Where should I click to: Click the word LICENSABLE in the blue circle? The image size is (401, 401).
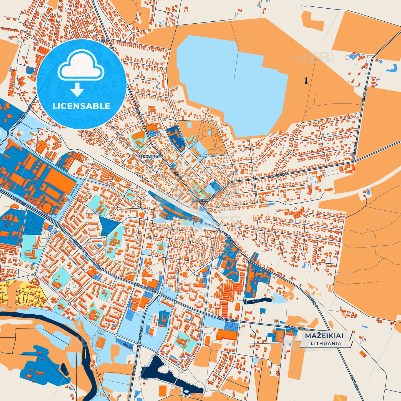click(x=81, y=106)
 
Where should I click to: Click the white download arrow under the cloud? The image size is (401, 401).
click(x=77, y=90)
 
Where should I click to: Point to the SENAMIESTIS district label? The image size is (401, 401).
click(x=150, y=157)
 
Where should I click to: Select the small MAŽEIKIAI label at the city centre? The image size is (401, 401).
click(x=200, y=200)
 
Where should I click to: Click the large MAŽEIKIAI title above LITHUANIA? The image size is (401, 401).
click(x=324, y=336)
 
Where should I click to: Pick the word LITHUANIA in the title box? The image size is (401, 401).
click(x=326, y=343)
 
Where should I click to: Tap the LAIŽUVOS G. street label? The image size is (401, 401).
click(x=280, y=175)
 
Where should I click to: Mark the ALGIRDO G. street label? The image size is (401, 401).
click(x=25, y=114)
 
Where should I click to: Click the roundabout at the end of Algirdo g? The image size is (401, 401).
click(x=10, y=133)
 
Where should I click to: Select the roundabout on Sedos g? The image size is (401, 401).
click(x=139, y=344)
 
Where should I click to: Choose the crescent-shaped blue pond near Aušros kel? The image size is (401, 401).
click(x=392, y=68)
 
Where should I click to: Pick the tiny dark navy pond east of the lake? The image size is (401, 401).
click(x=306, y=81)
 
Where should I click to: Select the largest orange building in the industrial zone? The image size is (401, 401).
click(x=60, y=180)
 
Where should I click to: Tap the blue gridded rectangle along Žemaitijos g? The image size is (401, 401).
click(x=231, y=327)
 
